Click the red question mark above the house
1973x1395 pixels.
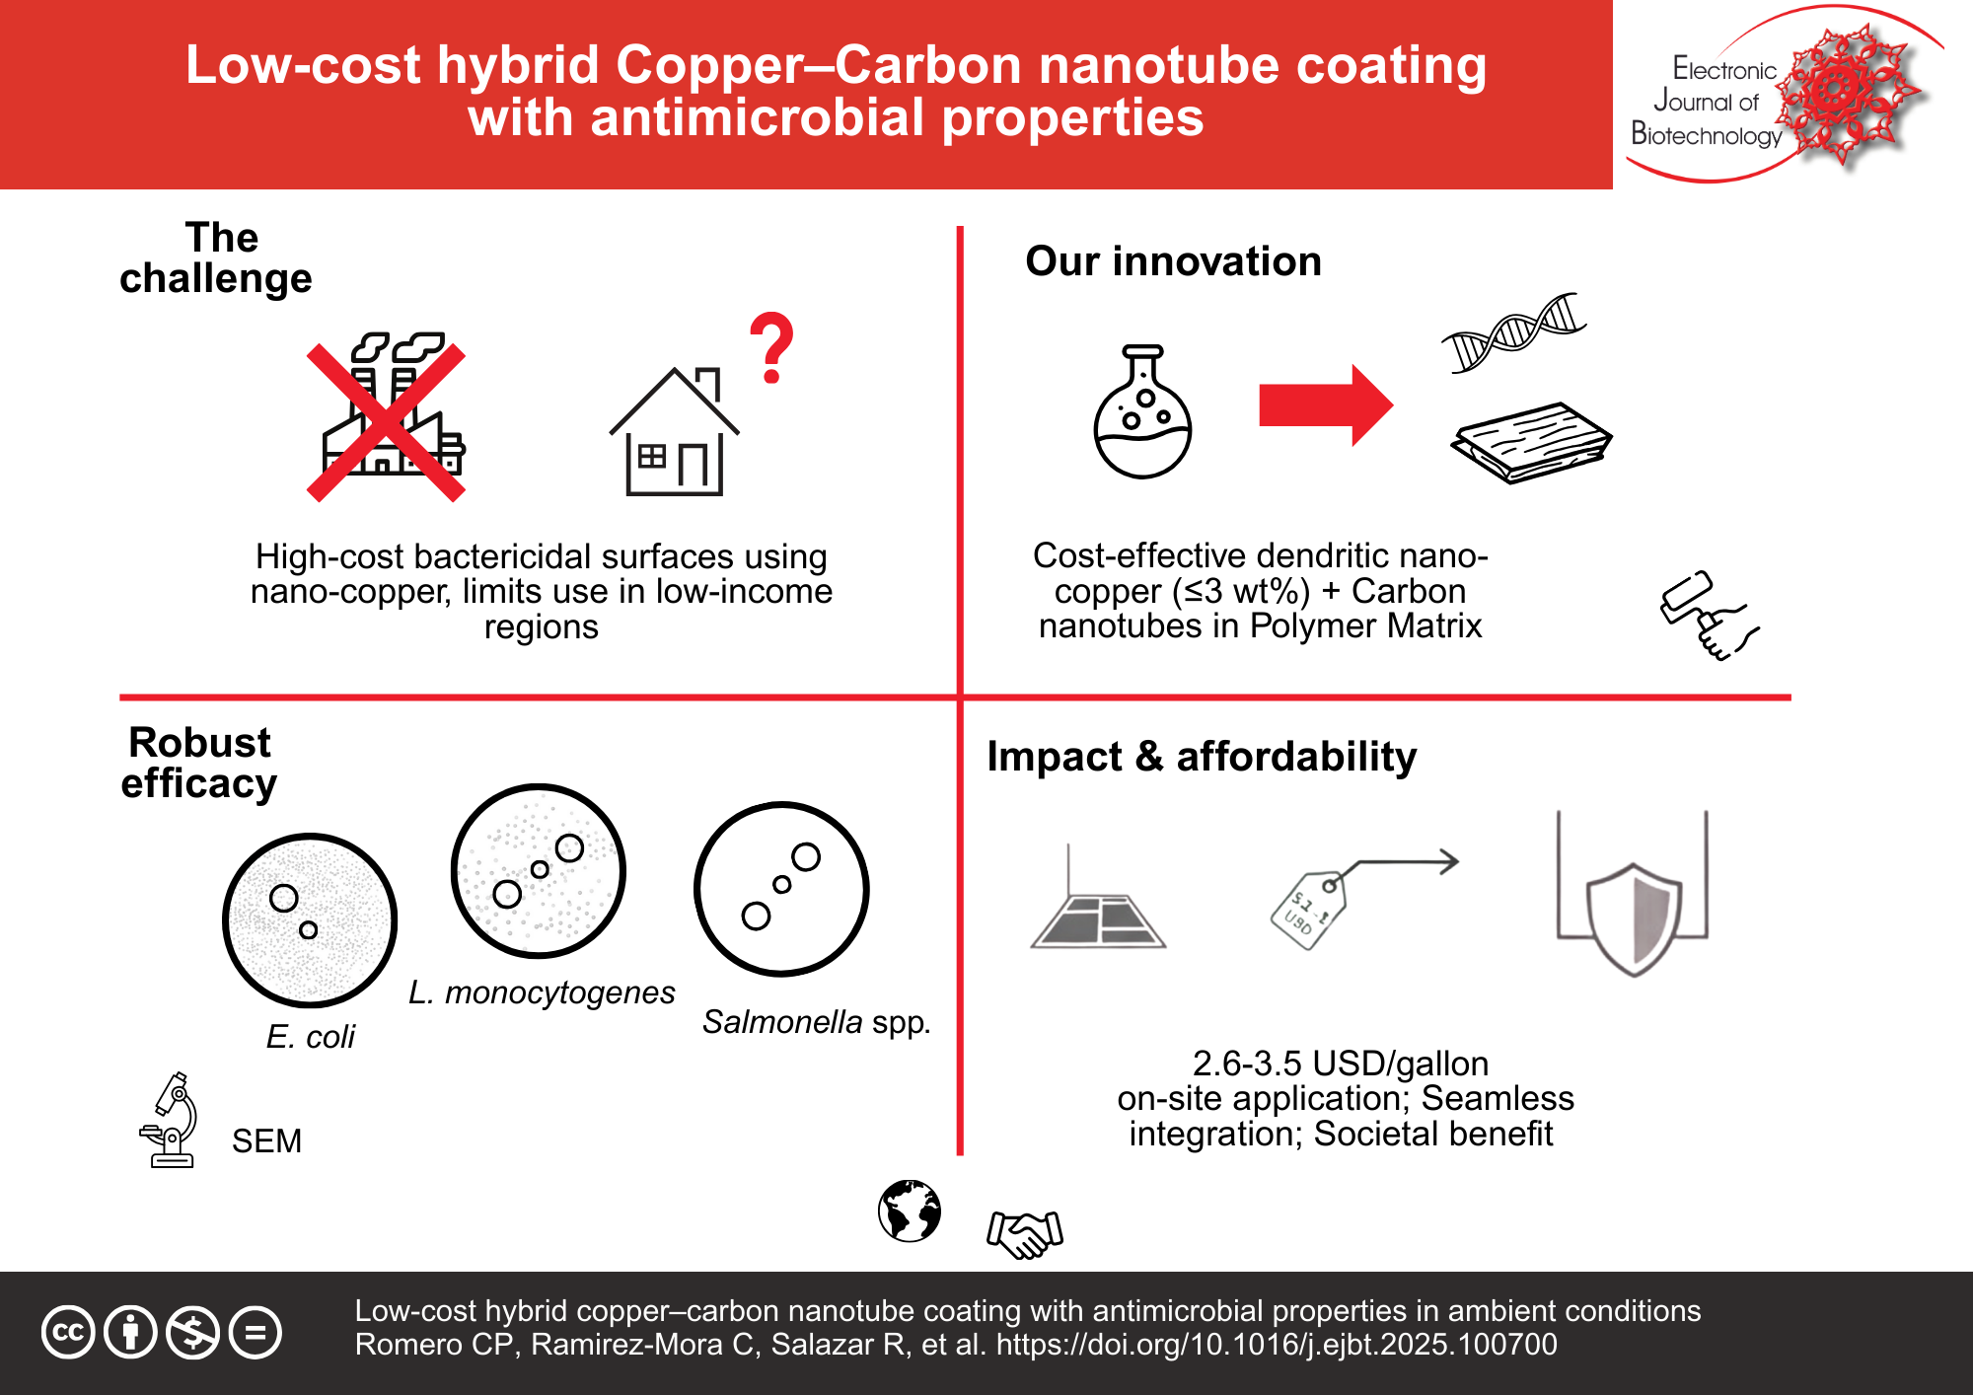771,347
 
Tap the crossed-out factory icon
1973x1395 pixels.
387,418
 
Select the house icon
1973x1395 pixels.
675,434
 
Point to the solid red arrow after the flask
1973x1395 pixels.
1325,405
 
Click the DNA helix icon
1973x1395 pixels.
1513,332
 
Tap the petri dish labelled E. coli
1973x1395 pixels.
310,920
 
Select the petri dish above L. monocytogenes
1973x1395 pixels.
539,871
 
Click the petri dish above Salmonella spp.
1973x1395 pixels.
781,889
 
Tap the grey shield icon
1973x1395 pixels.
1634,918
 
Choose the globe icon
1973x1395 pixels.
910,1211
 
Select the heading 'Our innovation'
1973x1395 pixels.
1173,261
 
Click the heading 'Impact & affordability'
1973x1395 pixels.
1202,757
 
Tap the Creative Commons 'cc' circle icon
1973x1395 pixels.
68,1332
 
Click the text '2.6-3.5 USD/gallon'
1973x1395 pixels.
1341,1064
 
